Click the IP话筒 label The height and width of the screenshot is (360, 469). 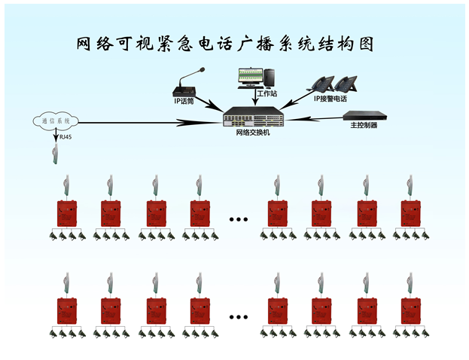[184, 100]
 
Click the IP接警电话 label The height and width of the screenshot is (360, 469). [330, 98]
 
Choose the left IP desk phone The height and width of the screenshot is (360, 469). [324, 84]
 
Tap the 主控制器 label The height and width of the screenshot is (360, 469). [364, 126]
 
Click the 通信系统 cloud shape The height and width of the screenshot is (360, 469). [56, 121]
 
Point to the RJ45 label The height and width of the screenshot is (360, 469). [66, 137]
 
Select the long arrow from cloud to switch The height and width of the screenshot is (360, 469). [151, 121]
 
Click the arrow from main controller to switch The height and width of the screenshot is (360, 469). [316, 118]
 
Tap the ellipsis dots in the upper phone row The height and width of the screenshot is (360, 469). [238, 219]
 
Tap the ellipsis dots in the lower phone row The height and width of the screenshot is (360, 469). [238, 316]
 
